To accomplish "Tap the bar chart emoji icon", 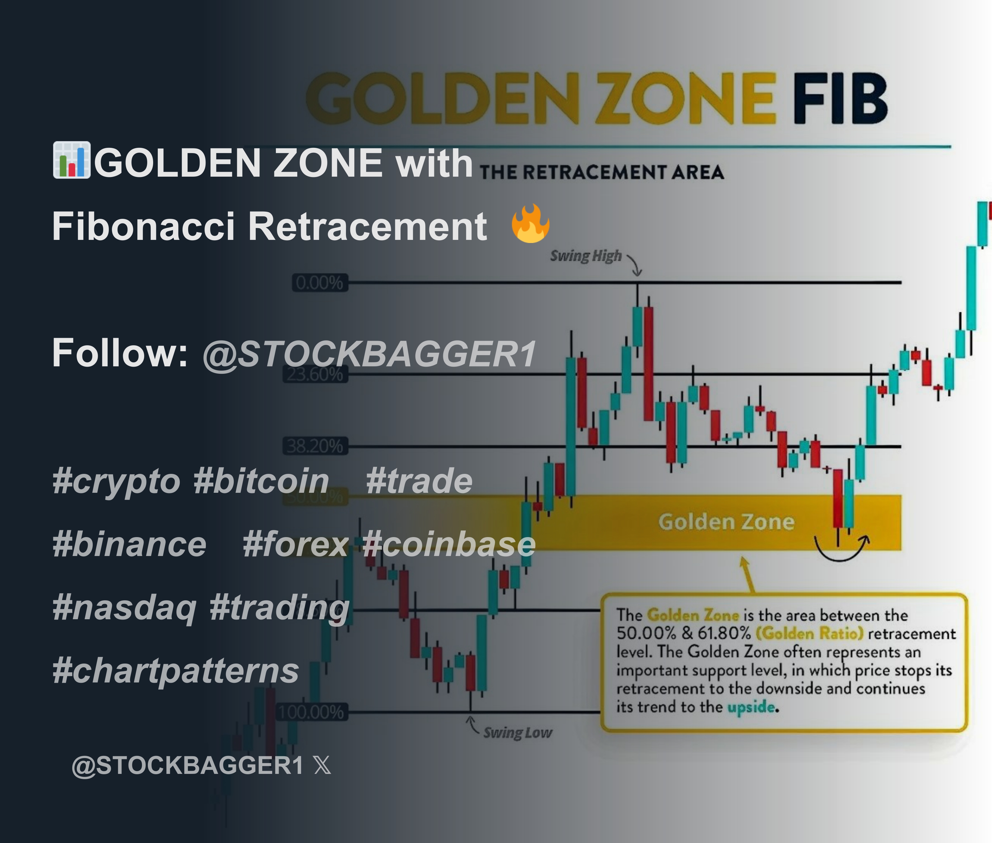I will (x=71, y=160).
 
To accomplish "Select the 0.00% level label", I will (x=319, y=283).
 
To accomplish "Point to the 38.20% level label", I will (x=315, y=446).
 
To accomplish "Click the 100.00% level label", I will (x=312, y=712).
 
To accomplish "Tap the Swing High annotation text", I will (x=586, y=256).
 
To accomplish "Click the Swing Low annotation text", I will (x=517, y=733).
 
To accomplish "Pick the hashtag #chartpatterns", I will (x=175, y=670).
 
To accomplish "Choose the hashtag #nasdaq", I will (x=124, y=607).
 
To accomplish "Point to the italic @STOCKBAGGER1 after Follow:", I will (x=369, y=354).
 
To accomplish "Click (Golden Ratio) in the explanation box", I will (x=809, y=634).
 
